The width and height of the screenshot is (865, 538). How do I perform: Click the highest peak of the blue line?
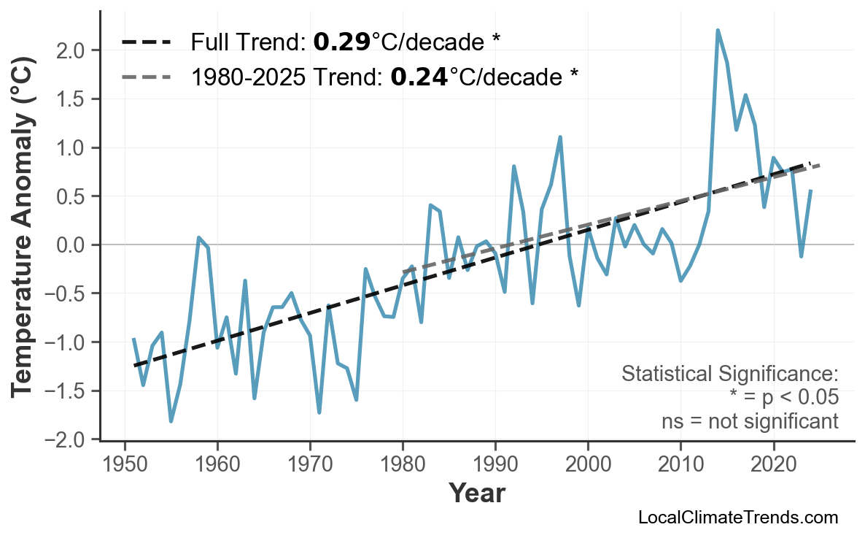click(718, 30)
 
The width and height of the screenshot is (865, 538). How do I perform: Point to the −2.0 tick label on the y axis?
click(67, 439)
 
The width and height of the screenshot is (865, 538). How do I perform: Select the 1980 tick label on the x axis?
click(403, 466)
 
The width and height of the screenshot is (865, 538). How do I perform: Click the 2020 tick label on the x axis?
click(773, 466)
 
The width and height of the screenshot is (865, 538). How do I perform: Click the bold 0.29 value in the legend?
click(342, 42)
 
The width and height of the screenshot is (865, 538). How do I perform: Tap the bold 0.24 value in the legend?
click(419, 76)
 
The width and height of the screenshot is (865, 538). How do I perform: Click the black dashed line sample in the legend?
click(147, 42)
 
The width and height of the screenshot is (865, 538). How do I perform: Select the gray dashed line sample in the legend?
click(147, 76)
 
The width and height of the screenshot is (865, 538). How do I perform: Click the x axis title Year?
click(476, 493)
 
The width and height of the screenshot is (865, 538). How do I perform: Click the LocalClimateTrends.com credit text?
click(737, 518)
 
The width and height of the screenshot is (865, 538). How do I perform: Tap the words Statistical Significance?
click(729, 374)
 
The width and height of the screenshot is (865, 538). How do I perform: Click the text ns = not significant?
click(750, 421)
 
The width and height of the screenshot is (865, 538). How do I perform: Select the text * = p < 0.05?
click(783, 398)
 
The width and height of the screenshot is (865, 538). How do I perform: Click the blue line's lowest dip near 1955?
click(171, 421)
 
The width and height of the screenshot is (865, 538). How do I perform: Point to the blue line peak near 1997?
click(560, 137)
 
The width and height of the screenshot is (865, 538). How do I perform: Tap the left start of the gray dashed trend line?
click(404, 272)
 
